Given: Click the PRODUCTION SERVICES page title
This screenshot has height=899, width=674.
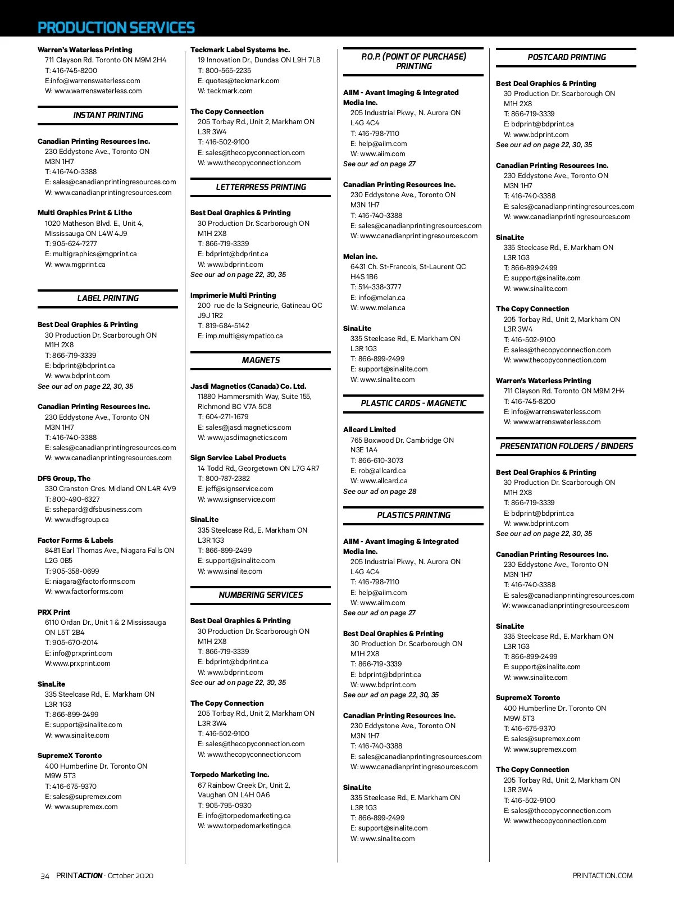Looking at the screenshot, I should click(x=116, y=28).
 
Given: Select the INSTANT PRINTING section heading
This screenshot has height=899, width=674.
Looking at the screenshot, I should click(x=108, y=115).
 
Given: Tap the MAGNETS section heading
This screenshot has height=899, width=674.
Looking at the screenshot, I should click(x=261, y=360).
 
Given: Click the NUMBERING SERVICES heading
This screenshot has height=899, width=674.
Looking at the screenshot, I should click(x=261, y=595).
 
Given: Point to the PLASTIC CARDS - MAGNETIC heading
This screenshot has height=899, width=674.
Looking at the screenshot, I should click(x=413, y=403).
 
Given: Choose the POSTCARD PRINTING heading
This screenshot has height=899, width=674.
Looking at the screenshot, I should click(x=566, y=57).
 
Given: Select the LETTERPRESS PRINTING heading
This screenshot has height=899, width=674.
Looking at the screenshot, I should click(x=261, y=187).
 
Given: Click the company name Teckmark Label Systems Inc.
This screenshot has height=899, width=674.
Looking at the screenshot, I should click(x=240, y=50).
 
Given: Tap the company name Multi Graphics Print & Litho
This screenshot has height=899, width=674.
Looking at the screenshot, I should click(x=85, y=213).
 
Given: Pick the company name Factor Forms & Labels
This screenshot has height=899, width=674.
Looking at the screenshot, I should click(x=75, y=541).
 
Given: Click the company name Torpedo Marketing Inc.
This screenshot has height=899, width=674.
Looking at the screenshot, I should click(x=230, y=775).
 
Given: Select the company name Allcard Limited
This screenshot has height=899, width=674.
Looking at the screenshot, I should click(x=369, y=430).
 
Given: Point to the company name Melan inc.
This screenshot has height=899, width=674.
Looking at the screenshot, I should click(x=360, y=257).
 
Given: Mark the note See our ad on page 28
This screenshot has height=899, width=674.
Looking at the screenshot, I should click(x=380, y=492).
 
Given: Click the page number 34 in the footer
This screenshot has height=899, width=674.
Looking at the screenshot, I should click(x=45, y=876).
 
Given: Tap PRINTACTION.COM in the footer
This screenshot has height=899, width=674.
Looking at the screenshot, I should click(x=602, y=876).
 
